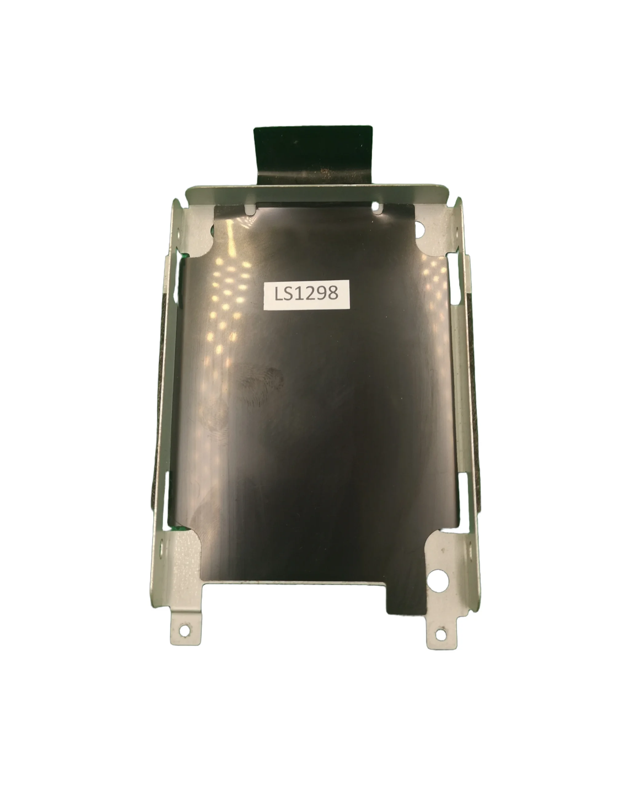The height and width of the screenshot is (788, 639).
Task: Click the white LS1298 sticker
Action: coord(307,295)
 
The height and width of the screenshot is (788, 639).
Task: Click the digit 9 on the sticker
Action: coord(321,294)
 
